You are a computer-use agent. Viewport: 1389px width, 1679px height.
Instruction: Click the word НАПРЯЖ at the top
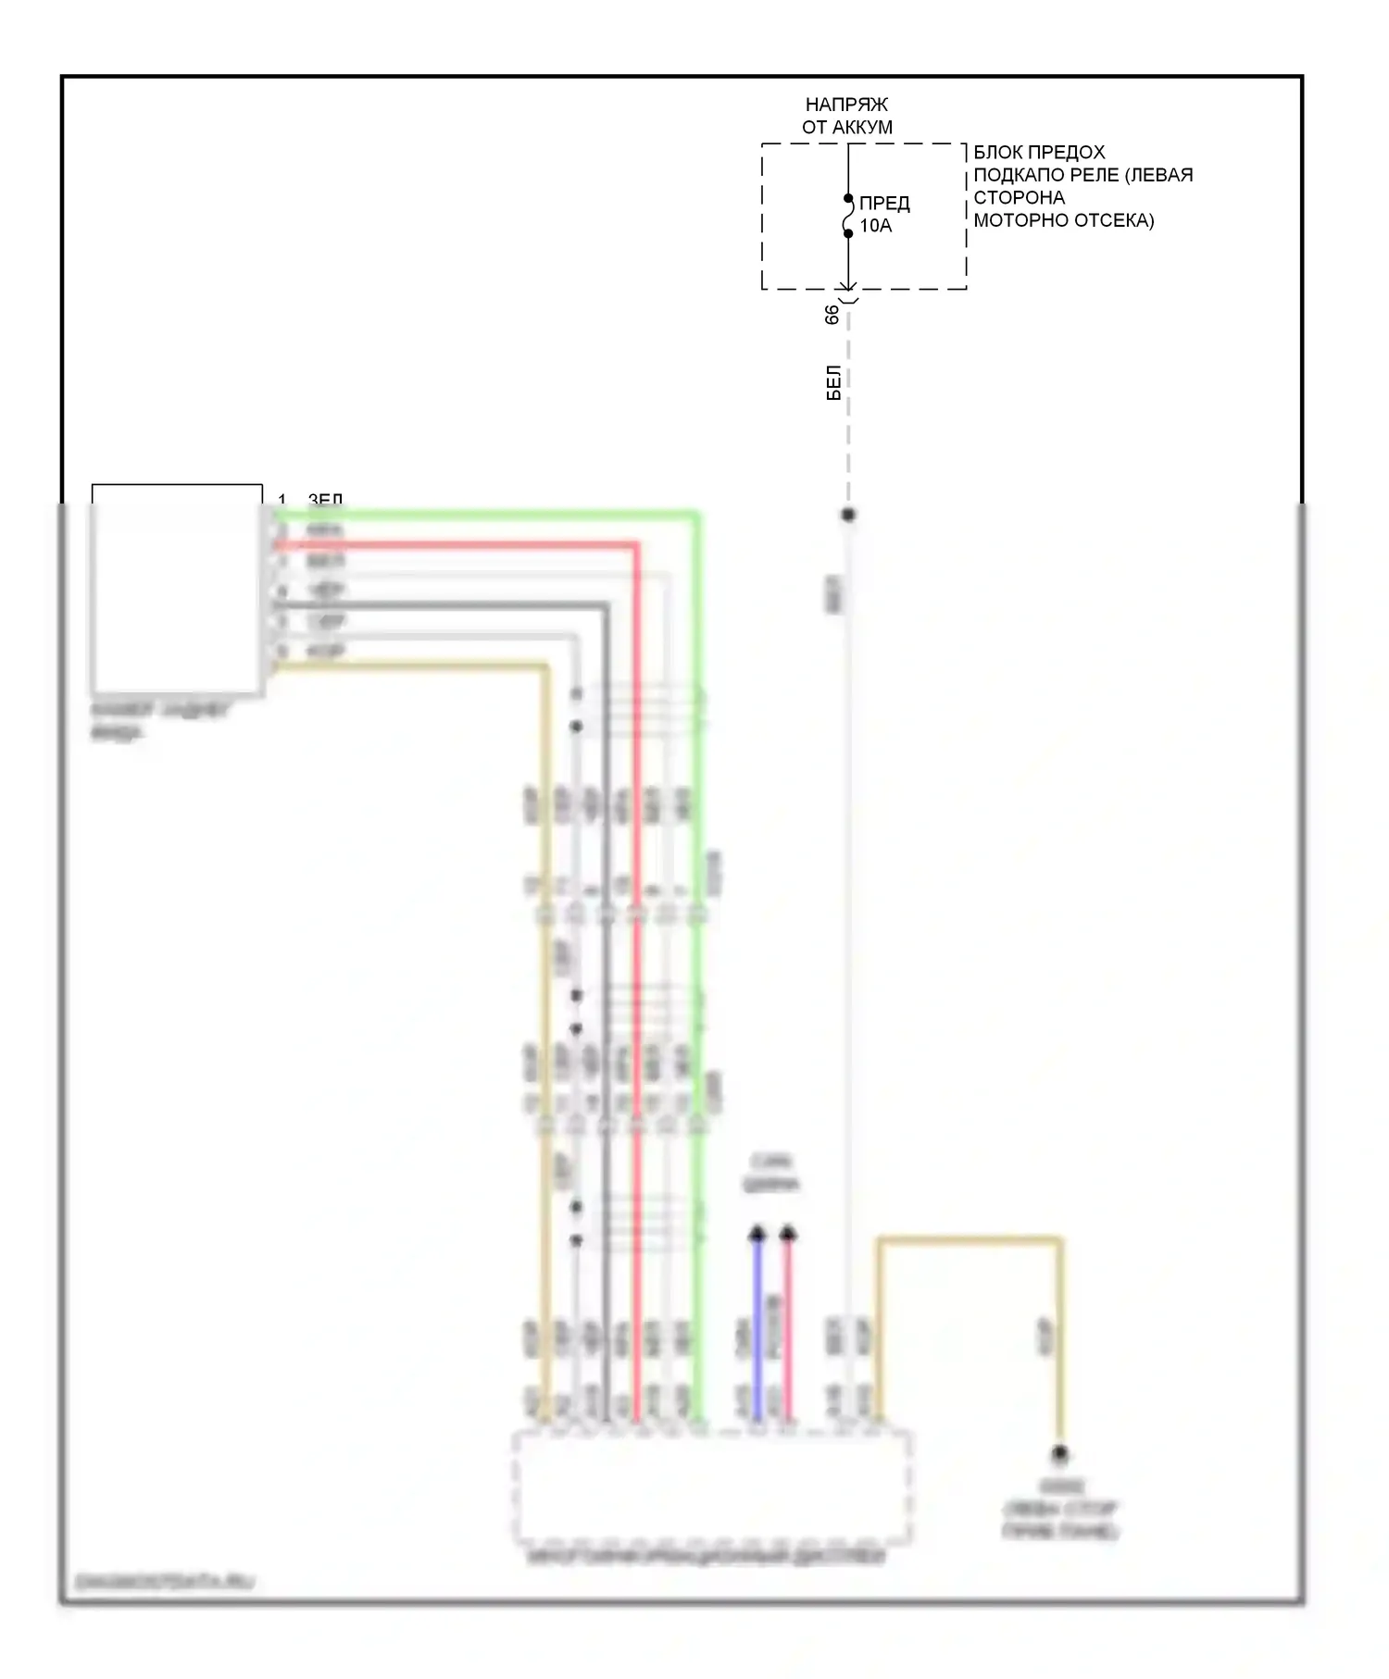tap(846, 105)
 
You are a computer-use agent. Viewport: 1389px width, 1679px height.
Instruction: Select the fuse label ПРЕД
tap(884, 204)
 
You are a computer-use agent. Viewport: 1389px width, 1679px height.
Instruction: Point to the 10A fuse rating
tap(875, 226)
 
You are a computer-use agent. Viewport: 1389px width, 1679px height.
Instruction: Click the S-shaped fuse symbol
tap(847, 216)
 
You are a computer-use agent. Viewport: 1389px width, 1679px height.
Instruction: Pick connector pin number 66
tap(832, 315)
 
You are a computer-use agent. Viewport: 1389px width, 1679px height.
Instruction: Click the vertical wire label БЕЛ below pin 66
tap(833, 382)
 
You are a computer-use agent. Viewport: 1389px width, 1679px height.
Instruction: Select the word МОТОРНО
tap(1015, 220)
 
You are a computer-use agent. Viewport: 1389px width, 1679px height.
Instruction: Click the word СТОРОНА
tap(1019, 197)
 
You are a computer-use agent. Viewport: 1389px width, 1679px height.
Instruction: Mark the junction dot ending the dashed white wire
tap(848, 515)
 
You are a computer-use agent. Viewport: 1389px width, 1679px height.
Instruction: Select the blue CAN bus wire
tap(757, 1324)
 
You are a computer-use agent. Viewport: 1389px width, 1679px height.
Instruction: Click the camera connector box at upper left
tap(176, 589)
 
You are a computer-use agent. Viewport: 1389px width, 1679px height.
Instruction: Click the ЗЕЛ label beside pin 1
tap(325, 501)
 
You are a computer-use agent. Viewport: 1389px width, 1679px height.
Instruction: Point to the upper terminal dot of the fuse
tap(848, 198)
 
